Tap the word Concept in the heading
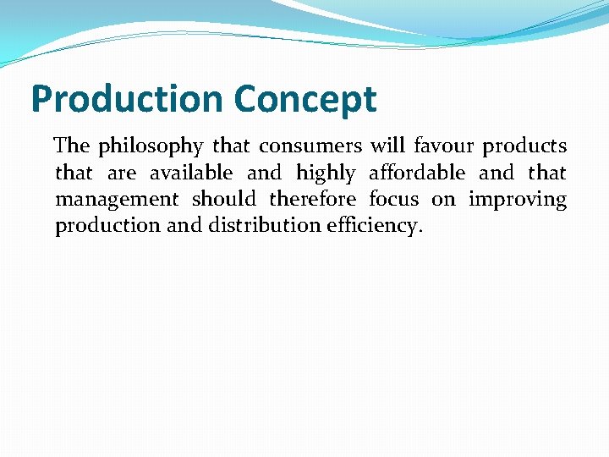[304, 100]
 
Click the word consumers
[310, 147]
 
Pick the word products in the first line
[524, 147]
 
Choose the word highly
[326, 174]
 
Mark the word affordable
[417, 173]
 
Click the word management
[117, 201]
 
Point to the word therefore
[312, 200]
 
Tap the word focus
[393, 200]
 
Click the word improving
[517, 201]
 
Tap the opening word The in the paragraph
[72, 146]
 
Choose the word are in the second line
[122, 174]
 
